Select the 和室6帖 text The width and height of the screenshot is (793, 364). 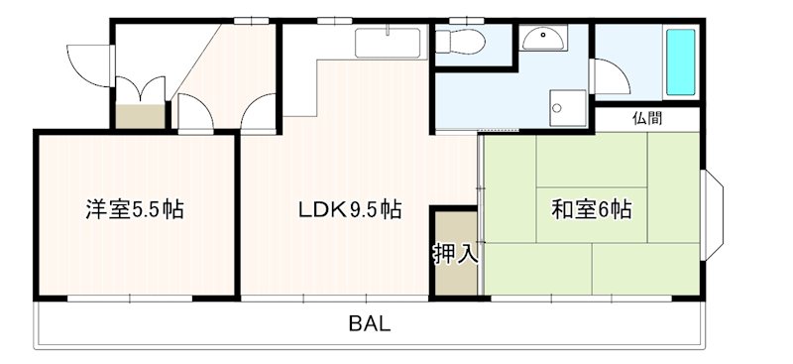click(592, 210)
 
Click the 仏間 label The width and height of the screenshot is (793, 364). click(646, 118)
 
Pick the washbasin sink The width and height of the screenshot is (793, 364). click(544, 39)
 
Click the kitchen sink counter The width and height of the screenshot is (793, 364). click(389, 44)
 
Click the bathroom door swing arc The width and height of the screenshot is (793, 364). click(607, 77)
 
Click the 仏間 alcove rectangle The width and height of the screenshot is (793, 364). click(646, 118)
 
